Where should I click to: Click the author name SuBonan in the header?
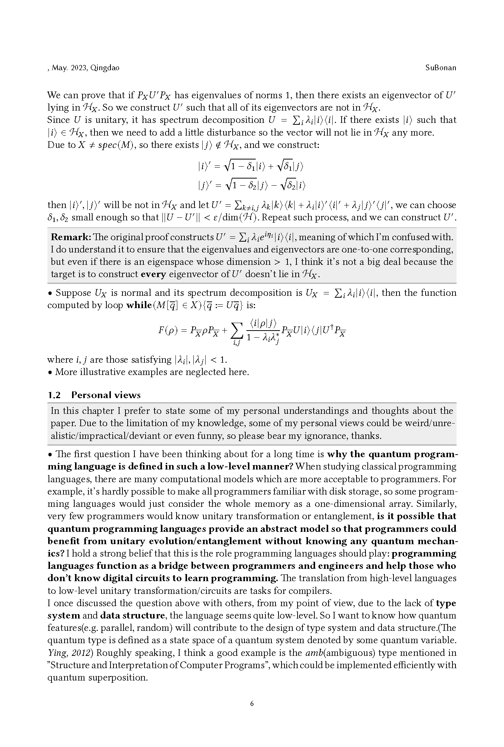tap(441, 68)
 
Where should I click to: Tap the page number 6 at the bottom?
tap(252, 704)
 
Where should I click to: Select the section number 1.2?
tap(54, 395)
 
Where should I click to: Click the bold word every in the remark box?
tap(153, 274)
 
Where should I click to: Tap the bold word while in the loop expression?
tap(139, 305)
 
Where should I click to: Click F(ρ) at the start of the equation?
tap(168, 330)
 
